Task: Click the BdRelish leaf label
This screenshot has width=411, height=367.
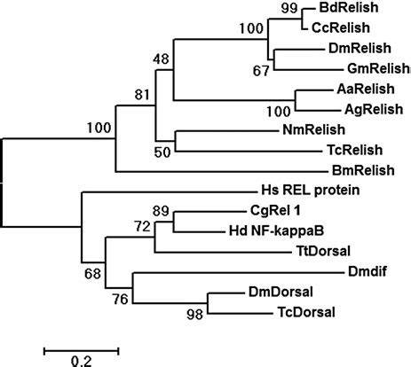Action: pyautogui.click(x=349, y=8)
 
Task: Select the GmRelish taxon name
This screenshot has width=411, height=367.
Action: pyautogui.click(x=379, y=69)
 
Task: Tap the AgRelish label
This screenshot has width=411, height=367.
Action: pyautogui.click(x=374, y=110)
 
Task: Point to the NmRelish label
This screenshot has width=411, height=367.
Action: pyautogui.click(x=314, y=129)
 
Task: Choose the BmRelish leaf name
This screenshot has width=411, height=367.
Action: pyautogui.click(x=363, y=170)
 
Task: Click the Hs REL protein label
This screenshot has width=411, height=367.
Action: pyautogui.click(x=311, y=190)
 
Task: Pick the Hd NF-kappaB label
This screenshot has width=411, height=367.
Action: pyautogui.click(x=276, y=230)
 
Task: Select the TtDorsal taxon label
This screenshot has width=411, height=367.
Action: pyautogui.click(x=323, y=251)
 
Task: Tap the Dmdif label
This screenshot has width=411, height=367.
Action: pyautogui.click(x=368, y=271)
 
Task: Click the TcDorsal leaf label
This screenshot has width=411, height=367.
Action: pyautogui.click(x=306, y=312)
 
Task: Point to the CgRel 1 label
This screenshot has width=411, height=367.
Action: pyautogui.click(x=275, y=211)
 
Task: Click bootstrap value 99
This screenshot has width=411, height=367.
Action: pyautogui.click(x=289, y=8)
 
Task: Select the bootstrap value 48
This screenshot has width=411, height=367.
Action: pyautogui.click(x=161, y=59)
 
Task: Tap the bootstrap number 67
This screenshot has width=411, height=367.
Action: pyautogui.click(x=261, y=71)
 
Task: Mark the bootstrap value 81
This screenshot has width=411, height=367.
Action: pyautogui.click(x=142, y=95)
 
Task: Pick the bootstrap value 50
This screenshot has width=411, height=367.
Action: pyautogui.click(x=162, y=152)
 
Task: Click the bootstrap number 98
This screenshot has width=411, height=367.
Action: pyautogui.click(x=195, y=315)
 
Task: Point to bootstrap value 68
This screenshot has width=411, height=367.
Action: pyautogui.click(x=92, y=274)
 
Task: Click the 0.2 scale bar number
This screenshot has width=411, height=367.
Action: pyautogui.click(x=82, y=362)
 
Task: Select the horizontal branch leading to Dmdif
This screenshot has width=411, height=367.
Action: pyautogui.click(x=239, y=272)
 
